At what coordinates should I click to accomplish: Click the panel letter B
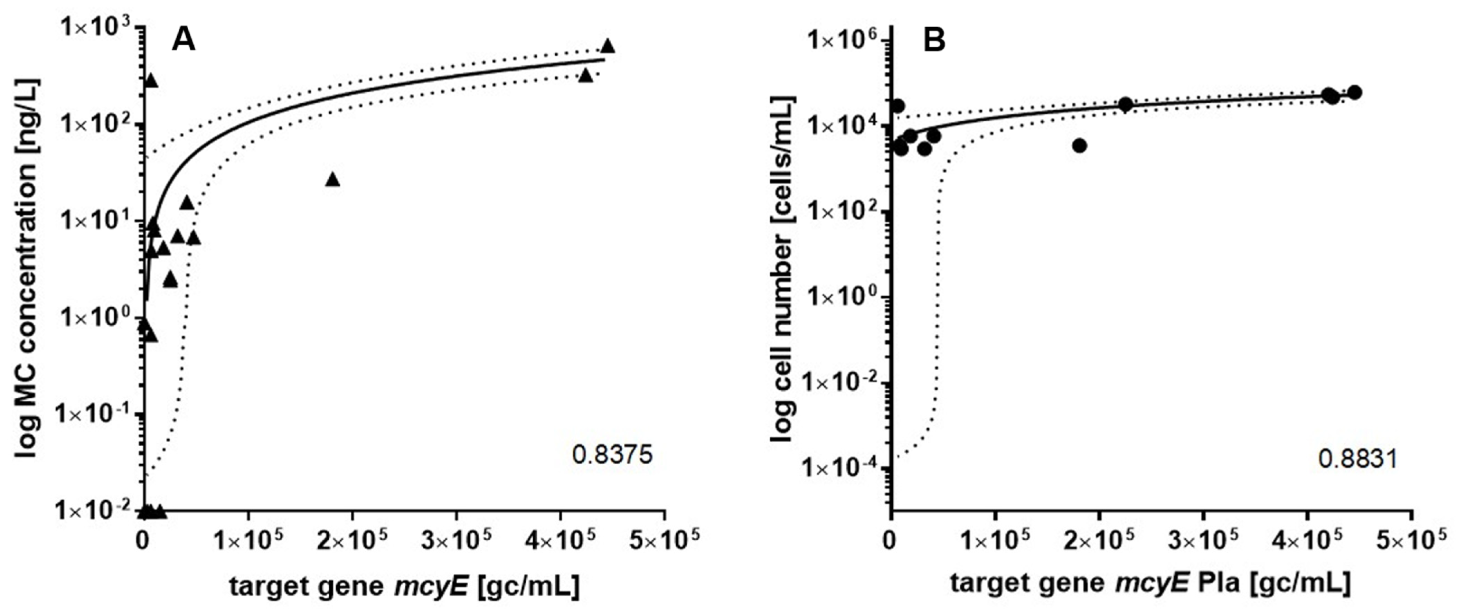(x=934, y=41)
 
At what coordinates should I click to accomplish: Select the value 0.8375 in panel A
(x=612, y=454)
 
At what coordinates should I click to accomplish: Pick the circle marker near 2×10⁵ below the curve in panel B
(x=1079, y=146)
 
